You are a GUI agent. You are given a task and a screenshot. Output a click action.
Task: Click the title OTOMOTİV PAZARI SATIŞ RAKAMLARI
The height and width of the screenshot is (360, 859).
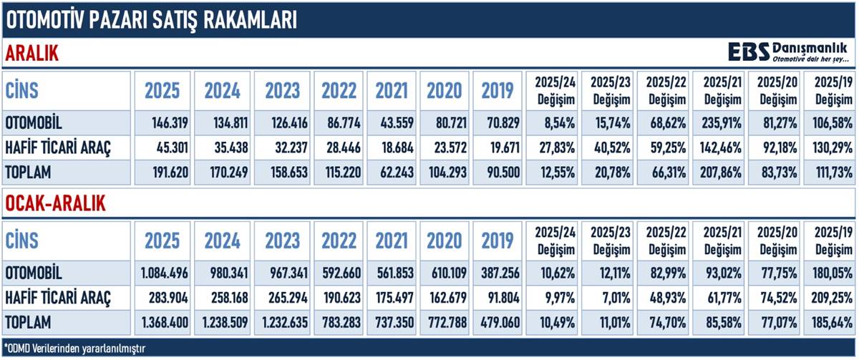(x=150, y=20)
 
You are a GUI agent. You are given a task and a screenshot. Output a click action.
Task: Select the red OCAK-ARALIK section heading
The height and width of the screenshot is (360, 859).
(x=55, y=203)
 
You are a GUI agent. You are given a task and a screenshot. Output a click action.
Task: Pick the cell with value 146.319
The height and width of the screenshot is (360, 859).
(x=162, y=122)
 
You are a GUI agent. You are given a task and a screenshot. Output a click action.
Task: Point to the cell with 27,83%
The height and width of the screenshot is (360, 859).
(x=553, y=147)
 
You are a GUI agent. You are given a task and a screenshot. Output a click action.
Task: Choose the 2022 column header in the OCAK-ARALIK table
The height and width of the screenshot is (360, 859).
(x=339, y=241)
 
